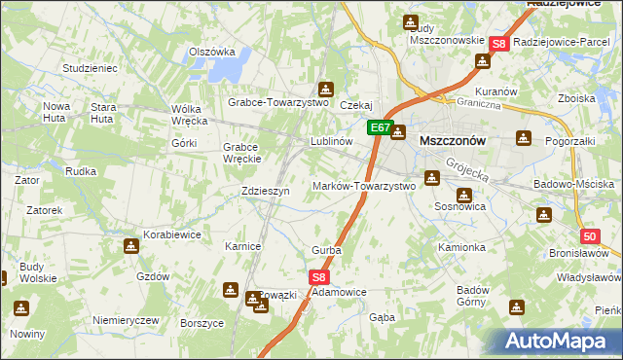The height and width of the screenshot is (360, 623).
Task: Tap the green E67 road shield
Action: [x=380, y=127]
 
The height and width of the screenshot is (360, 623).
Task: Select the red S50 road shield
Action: [x=590, y=236]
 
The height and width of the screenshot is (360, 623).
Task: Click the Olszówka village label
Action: [x=212, y=53]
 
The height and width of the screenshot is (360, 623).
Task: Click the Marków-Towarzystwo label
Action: [x=363, y=186]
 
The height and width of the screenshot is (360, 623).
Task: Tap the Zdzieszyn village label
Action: [x=266, y=192]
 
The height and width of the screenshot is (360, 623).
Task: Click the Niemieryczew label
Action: [x=125, y=320]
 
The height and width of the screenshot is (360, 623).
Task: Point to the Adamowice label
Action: [x=339, y=292]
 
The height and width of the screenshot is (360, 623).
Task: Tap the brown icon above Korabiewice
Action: [x=131, y=246]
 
